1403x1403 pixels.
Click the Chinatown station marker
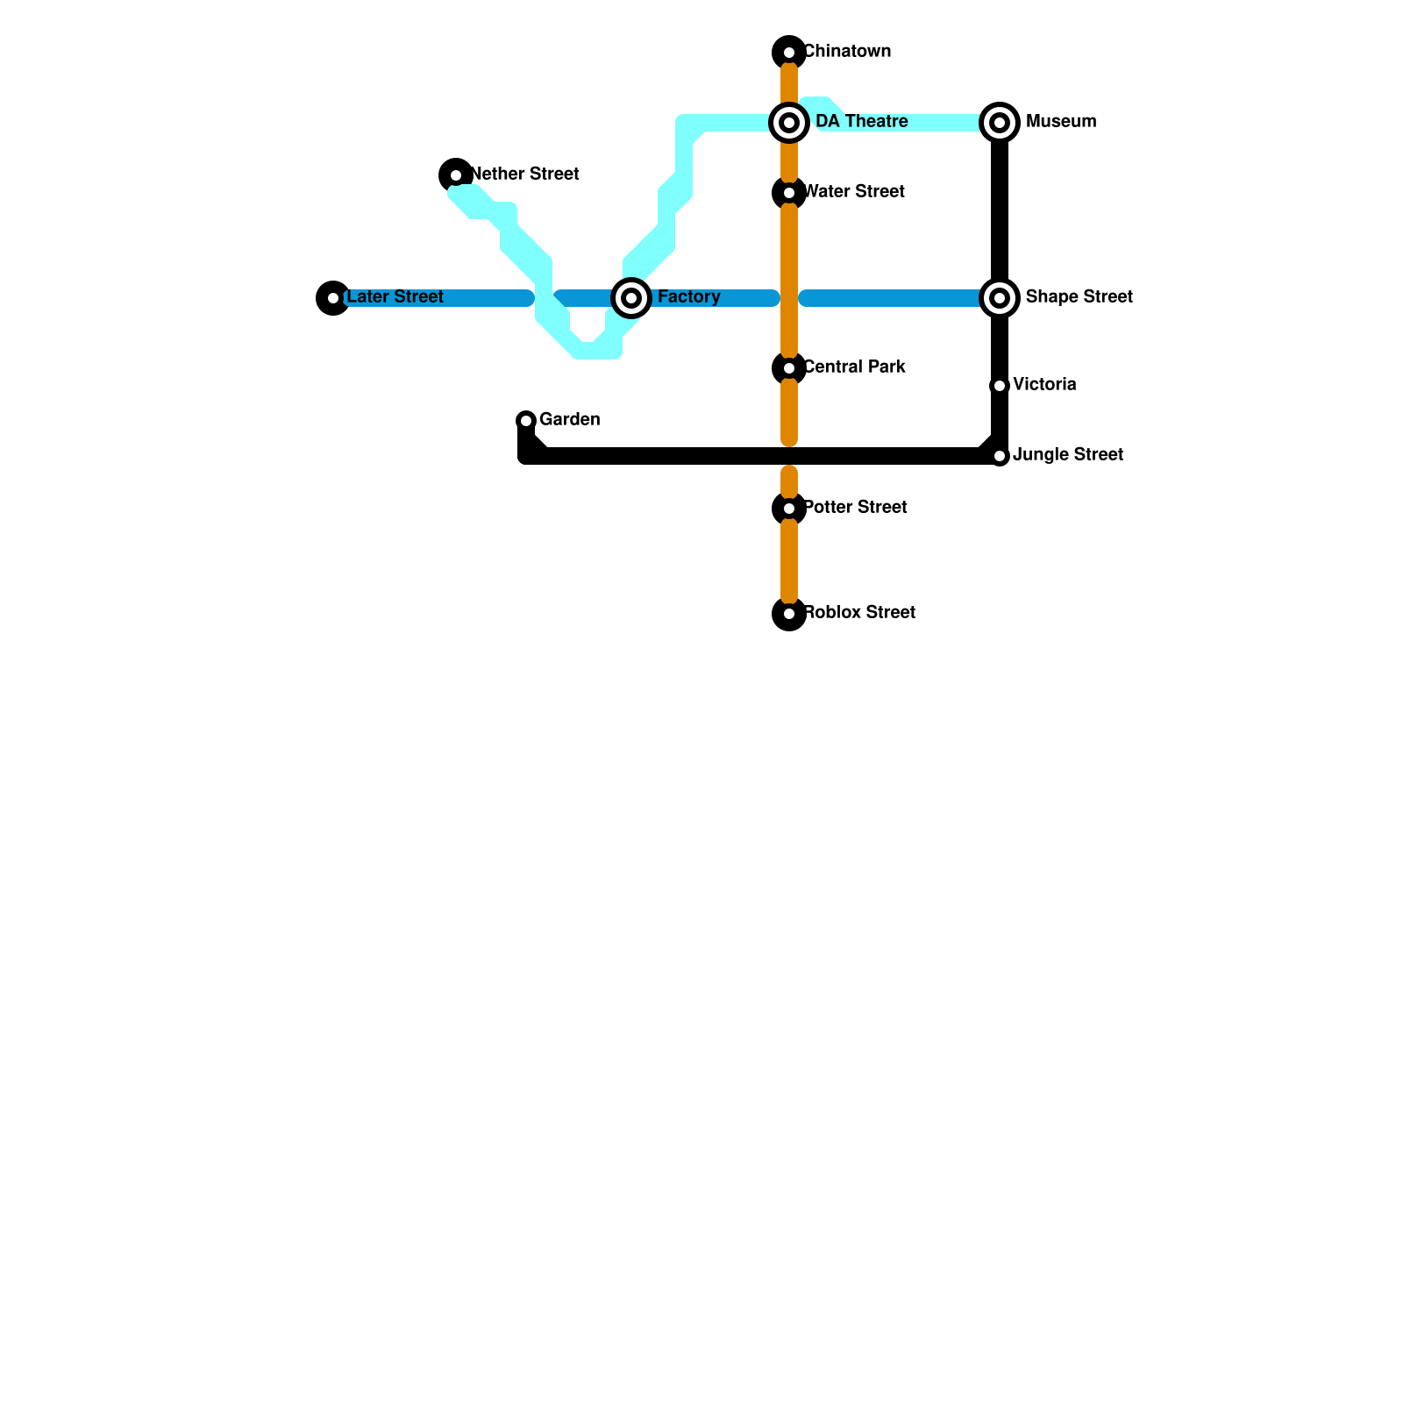pyautogui.click(x=789, y=53)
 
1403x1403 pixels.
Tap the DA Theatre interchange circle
pyautogui.click(x=789, y=123)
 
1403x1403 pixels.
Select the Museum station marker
pyautogui.click(x=1000, y=123)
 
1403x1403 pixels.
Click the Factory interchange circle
pyautogui.click(x=631, y=298)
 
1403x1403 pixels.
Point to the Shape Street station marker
pyautogui.click(x=1000, y=298)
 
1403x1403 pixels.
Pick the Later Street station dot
pyautogui.click(x=333, y=298)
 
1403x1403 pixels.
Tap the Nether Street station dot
pyautogui.click(x=456, y=175)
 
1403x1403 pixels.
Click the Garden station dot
pyautogui.click(x=526, y=421)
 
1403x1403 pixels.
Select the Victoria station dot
pyautogui.click(x=1000, y=386)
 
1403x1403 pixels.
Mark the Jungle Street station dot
pyautogui.click(x=1000, y=456)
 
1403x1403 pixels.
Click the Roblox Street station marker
pyautogui.click(x=789, y=614)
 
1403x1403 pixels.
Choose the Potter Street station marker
pyautogui.click(x=789, y=509)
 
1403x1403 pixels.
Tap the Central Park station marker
pyautogui.click(x=789, y=368)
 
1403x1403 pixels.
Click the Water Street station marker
pyautogui.click(x=789, y=193)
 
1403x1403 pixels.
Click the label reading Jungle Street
pyautogui.click(x=1067, y=455)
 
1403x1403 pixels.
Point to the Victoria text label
pyautogui.click(x=1044, y=385)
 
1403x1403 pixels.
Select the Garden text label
pyautogui.click(x=569, y=420)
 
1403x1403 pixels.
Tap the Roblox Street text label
pyautogui.click(x=859, y=613)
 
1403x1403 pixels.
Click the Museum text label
pyautogui.click(x=1061, y=122)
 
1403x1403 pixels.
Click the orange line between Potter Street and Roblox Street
pyautogui.click(x=789, y=561)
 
